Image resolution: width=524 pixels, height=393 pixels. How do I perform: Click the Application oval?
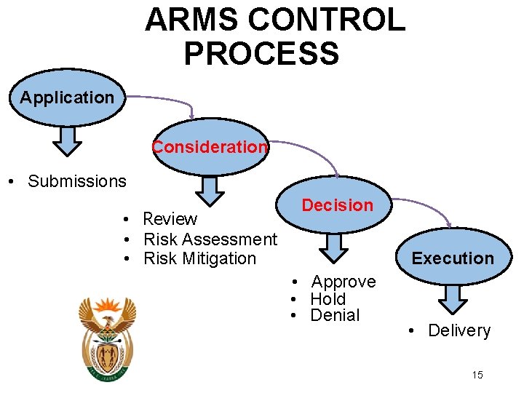pos(67,98)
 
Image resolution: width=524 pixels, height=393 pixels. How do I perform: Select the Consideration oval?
pos(210,148)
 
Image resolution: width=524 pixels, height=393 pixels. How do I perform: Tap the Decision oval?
pos(337,206)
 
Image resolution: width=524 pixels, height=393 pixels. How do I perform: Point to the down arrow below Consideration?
pos(210,191)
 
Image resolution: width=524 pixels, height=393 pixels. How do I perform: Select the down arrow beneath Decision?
pos(334,248)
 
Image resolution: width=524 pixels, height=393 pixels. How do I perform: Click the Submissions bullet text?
pos(76,181)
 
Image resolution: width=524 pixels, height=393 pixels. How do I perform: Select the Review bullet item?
pos(170,219)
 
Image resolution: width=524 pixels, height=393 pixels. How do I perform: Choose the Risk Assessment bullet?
pos(210,239)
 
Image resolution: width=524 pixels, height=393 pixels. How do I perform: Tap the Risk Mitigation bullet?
pos(199,258)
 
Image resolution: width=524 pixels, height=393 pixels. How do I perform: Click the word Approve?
pos(344,282)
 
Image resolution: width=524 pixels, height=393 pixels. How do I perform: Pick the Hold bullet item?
pos(327,298)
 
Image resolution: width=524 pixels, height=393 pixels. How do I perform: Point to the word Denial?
pos(335,315)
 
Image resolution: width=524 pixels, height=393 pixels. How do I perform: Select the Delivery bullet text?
pos(458,330)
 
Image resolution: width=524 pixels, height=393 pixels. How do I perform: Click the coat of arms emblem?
pos(107,339)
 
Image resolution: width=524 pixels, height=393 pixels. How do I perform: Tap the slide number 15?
pos(477,375)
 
